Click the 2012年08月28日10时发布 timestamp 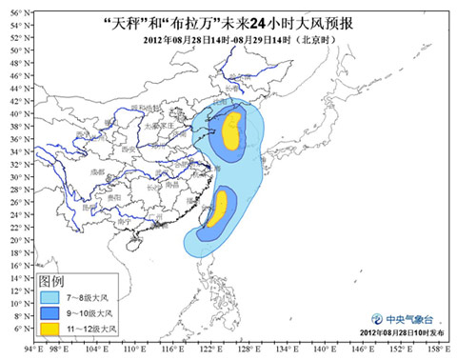(390, 338)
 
